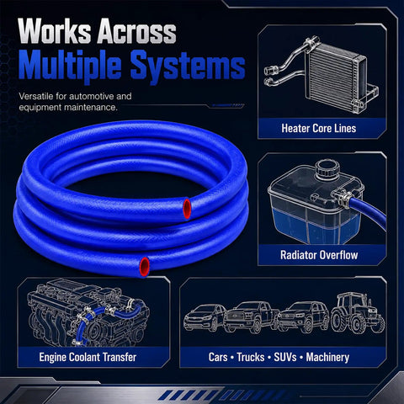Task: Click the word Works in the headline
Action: [55, 31]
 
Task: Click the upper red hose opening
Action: [187, 209]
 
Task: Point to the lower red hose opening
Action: [144, 266]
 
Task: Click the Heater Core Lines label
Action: [319, 129]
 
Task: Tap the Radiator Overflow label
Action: [319, 255]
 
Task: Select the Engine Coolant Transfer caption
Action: [88, 357]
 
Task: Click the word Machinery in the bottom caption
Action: [327, 357]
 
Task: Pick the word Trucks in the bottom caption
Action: [251, 357]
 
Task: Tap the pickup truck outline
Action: [251, 316]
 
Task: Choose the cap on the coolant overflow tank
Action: [327, 167]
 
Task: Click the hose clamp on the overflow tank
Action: [344, 199]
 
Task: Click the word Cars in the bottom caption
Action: [218, 357]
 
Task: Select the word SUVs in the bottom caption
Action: [285, 357]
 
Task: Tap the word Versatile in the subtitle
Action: [36, 96]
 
